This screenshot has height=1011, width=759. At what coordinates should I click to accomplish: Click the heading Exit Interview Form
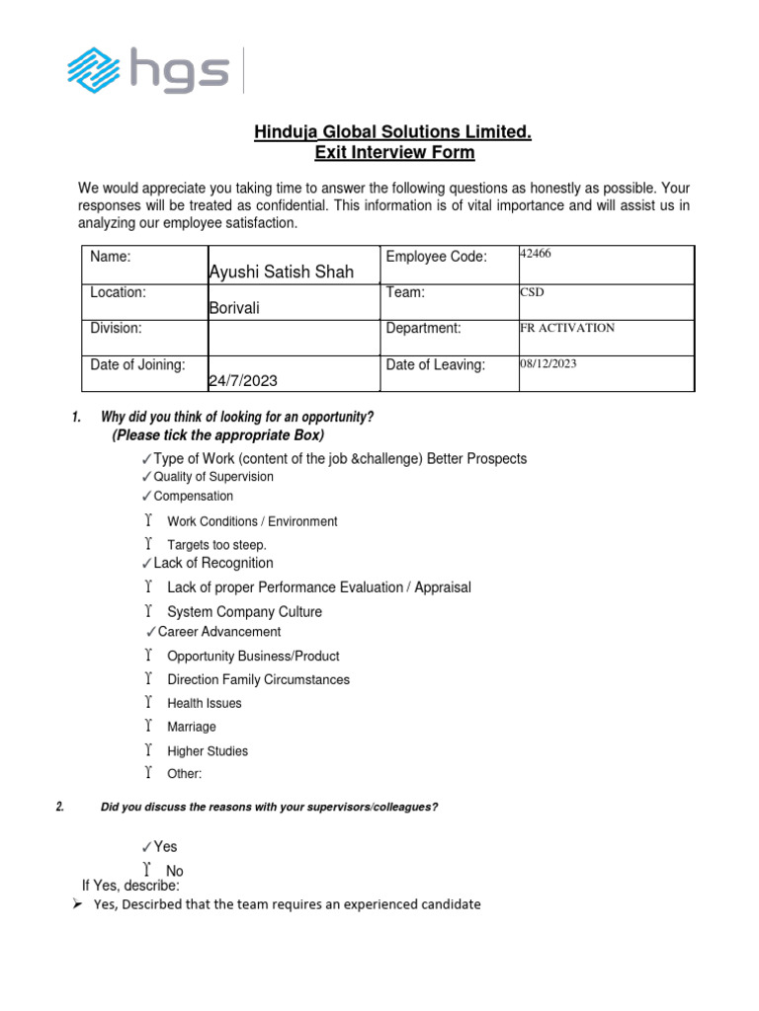393,153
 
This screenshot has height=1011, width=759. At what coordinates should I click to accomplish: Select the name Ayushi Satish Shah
281,272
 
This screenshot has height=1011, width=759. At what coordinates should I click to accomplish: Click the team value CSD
532,292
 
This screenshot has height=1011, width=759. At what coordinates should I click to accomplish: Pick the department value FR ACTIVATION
566,328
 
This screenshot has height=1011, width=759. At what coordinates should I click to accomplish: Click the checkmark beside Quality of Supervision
147,478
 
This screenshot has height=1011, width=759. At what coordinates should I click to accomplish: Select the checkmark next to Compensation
147,497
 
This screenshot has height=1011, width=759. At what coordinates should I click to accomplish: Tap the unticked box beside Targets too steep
147,544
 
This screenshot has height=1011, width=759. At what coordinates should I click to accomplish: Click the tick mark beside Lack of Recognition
147,564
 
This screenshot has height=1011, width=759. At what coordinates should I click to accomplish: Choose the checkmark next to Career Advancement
151,632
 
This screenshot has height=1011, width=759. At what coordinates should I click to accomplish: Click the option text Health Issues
204,704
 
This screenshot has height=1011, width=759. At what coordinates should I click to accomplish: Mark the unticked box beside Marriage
147,727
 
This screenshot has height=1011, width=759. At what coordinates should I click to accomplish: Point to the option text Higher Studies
208,751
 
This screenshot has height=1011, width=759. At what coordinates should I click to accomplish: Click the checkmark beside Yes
147,847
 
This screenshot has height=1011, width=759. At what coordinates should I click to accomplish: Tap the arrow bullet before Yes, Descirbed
77,904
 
